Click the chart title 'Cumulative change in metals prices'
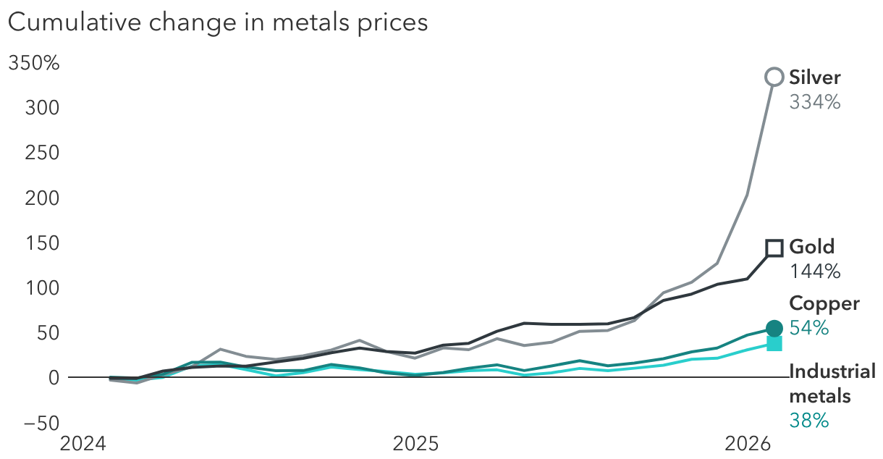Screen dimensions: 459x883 point(217,22)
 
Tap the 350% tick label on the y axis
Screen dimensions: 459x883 point(33,64)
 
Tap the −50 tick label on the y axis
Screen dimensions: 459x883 point(38,423)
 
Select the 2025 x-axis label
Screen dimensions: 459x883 point(415,442)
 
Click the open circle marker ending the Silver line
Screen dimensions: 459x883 point(774,77)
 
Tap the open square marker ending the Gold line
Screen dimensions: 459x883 point(774,248)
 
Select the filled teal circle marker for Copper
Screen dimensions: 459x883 point(774,329)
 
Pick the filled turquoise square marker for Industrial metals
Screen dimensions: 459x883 point(774,343)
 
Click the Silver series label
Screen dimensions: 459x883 point(815,77)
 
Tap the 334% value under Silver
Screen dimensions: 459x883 point(815,102)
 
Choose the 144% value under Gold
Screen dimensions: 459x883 point(815,271)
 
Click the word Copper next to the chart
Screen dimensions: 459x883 point(824,303)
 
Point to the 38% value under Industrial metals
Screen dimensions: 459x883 point(809,421)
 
